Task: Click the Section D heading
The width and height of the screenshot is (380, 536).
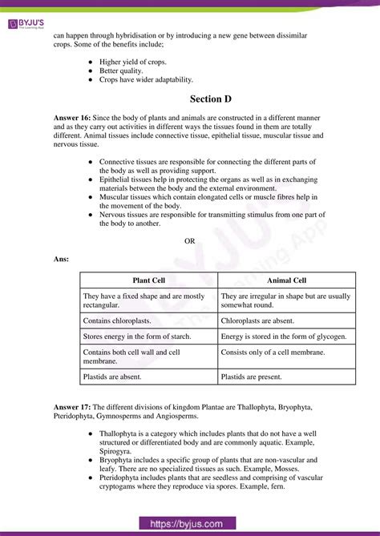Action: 190,99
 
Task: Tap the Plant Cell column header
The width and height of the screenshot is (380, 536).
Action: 148,280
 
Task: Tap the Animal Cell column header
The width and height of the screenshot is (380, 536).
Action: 285,280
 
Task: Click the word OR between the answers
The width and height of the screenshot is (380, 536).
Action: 190,241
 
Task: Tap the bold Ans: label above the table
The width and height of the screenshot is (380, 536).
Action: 61,260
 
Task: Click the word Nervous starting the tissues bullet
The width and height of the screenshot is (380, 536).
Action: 115,214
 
